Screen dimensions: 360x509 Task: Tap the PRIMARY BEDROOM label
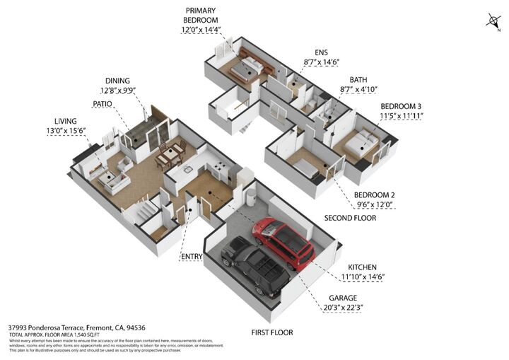click(201, 16)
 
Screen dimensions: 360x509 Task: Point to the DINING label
click(118, 81)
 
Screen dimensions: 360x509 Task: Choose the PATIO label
click(102, 104)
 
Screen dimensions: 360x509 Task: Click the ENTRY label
click(192, 256)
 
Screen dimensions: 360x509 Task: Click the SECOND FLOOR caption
click(350, 219)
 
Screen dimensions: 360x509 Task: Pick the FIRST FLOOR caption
click(272, 332)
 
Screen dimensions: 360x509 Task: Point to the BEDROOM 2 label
click(374, 194)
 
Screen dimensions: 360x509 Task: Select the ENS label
click(322, 52)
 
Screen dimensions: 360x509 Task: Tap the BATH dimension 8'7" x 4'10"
click(358, 90)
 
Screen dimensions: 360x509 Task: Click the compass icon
click(492, 21)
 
